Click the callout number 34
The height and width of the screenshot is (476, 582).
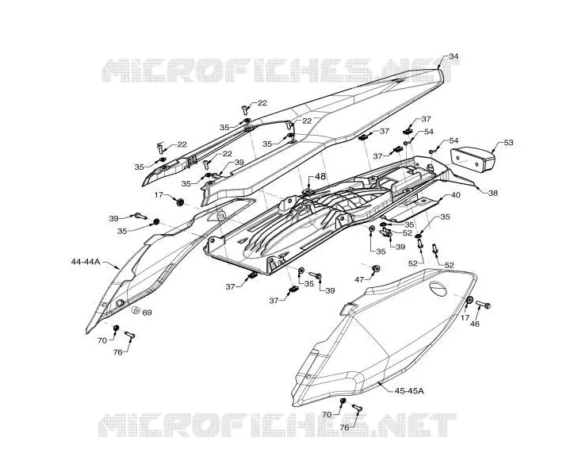click(454, 56)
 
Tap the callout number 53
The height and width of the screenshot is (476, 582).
click(508, 143)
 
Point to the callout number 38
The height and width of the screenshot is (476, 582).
click(493, 193)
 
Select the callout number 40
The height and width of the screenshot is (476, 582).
click(455, 195)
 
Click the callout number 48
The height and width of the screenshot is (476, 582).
click(320, 177)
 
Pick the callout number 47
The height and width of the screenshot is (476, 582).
click(359, 279)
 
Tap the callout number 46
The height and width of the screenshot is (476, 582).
click(475, 324)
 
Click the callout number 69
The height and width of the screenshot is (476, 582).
click(147, 313)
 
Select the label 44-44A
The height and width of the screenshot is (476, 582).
click(86, 262)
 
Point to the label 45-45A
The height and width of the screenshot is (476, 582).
click(409, 391)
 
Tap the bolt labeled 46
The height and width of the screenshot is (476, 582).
click(483, 305)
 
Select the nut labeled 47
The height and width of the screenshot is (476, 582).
click(376, 269)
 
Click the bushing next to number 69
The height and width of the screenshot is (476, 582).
click(136, 309)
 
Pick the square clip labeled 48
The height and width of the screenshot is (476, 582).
click(308, 191)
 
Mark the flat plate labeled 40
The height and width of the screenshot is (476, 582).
click(412, 209)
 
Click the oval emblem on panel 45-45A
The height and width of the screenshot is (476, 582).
click(438, 288)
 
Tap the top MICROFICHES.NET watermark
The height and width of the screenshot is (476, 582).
click(280, 71)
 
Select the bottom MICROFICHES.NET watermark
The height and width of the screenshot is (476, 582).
click(277, 424)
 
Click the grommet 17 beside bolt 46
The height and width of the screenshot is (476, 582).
click(469, 300)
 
